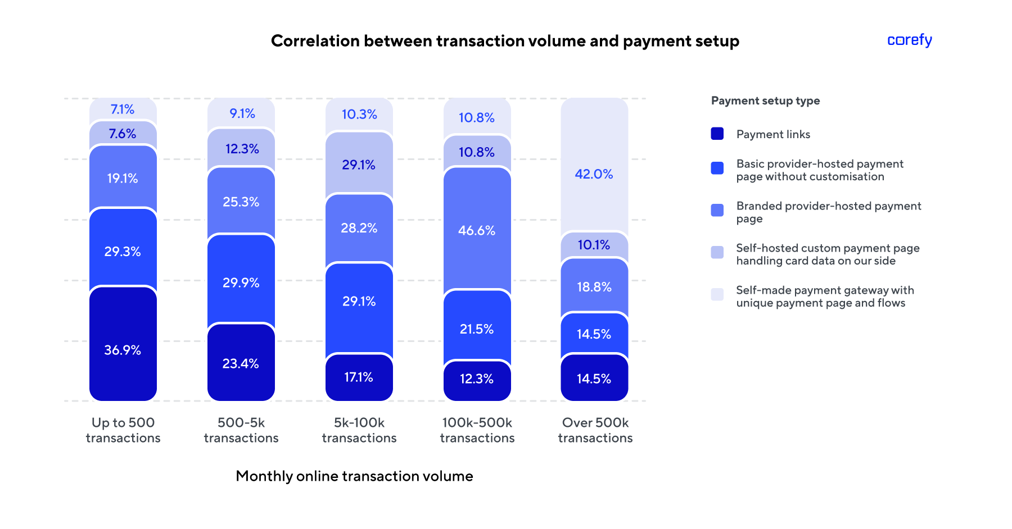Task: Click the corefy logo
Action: coord(909,40)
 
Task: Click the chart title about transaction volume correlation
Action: coord(505,41)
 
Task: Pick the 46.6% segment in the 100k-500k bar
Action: coord(477,230)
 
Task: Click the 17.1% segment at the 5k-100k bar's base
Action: coord(359,377)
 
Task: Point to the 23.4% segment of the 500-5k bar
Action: coord(241,363)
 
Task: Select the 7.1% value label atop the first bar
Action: coord(123,110)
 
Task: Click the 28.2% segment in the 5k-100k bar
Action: coord(359,228)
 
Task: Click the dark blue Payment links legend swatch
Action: coord(717,134)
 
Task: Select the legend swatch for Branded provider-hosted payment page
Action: coord(717,210)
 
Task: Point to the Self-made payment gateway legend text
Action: coord(824,297)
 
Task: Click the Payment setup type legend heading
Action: coord(765,101)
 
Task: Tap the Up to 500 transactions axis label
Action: coord(123,430)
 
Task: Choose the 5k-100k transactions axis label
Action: coord(359,430)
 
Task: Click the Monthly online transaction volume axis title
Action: coord(354,476)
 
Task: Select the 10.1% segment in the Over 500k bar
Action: coord(594,245)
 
